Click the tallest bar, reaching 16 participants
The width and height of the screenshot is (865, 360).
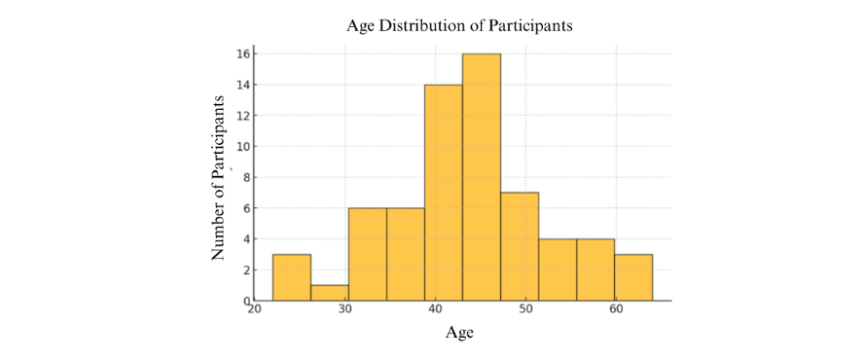pyautogui.click(x=482, y=177)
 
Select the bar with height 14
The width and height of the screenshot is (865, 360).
pyautogui.click(x=444, y=193)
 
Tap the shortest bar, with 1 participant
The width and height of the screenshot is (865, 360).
pyautogui.click(x=330, y=293)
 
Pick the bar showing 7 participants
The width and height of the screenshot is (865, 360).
pyautogui.click(x=520, y=246)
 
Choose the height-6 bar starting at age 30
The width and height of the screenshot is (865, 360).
pyautogui.click(x=368, y=254)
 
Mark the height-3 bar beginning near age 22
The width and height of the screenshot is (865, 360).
pyautogui.click(x=292, y=277)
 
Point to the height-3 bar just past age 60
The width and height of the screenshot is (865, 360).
pyautogui.click(x=633, y=277)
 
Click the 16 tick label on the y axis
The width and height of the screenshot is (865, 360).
pyautogui.click(x=245, y=54)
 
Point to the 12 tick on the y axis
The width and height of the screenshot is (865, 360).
pyautogui.click(x=245, y=115)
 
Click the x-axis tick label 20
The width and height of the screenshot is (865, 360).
pyautogui.click(x=255, y=310)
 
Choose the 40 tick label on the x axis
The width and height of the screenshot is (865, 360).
pyautogui.click(x=435, y=310)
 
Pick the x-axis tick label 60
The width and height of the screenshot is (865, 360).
pyautogui.click(x=616, y=310)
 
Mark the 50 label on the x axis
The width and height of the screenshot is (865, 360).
pyautogui.click(x=525, y=310)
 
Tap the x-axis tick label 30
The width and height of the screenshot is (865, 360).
pyautogui.click(x=345, y=310)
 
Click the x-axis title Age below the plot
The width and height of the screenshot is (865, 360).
pyautogui.click(x=459, y=334)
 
